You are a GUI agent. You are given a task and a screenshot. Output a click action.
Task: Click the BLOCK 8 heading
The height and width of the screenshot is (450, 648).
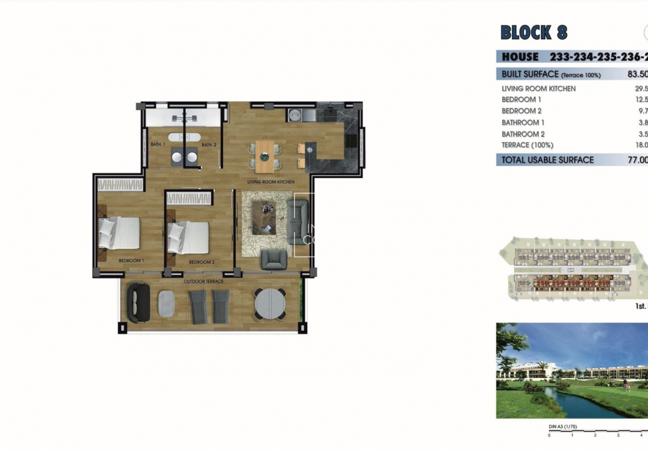[x=533, y=32]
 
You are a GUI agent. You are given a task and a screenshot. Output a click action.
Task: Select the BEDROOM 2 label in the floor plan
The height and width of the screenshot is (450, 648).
[x=202, y=262]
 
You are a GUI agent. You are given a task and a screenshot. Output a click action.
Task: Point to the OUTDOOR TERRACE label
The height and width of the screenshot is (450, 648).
[x=203, y=281]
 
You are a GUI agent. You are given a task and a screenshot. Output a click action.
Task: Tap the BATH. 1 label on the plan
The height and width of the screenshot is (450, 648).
[x=158, y=145]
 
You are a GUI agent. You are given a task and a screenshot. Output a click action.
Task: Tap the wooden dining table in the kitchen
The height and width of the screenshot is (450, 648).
[x=264, y=156]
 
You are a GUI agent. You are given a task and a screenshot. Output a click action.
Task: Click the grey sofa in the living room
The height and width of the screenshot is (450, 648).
[x=298, y=221]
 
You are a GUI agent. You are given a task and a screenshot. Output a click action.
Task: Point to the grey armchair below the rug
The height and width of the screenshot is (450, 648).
[x=274, y=259]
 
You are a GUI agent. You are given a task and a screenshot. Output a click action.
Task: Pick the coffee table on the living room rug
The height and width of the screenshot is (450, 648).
[x=264, y=217]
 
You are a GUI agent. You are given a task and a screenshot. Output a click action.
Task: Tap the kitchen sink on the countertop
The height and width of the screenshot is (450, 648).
[x=295, y=115]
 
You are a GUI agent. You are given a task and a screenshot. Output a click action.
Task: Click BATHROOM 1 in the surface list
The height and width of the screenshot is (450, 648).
[x=523, y=122]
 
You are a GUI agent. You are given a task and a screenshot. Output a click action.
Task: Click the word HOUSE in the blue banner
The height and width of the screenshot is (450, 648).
[x=520, y=57]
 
